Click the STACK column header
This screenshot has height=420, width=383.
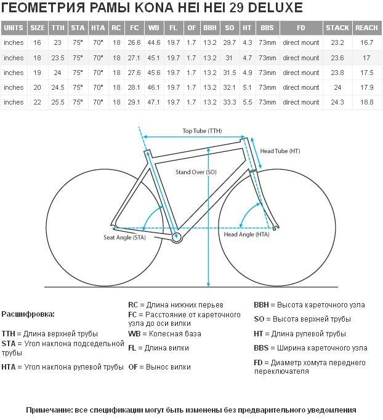click(337, 28)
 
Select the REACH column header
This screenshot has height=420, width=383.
click(366, 28)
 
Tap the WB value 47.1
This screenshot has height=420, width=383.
click(154, 102)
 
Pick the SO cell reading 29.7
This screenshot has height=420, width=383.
click(229, 42)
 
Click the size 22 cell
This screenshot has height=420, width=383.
click(38, 102)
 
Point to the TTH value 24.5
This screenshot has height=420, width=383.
click(58, 87)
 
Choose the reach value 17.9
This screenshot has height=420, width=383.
click(366, 87)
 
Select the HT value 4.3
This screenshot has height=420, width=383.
click(248, 42)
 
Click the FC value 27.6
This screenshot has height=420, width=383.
click(134, 73)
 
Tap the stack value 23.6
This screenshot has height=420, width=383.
click(337, 58)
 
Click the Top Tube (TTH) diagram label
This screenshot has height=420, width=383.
click(202, 131)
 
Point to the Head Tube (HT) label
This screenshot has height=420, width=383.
click(280, 151)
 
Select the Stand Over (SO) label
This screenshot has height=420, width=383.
click(196, 172)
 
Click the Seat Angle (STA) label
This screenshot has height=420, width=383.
click(124, 237)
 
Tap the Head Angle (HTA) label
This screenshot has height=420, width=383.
click(246, 234)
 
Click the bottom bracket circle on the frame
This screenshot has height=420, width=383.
click(176, 237)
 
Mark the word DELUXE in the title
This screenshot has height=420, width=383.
click(275, 8)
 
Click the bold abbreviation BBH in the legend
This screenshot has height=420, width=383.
click(261, 305)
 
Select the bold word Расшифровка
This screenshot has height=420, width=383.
click(28, 314)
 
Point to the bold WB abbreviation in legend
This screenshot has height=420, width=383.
click(134, 334)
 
